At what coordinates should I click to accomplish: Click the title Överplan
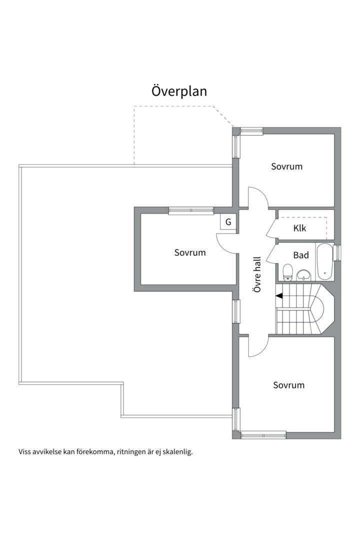point(179,91)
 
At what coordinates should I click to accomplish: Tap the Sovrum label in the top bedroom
point(286,166)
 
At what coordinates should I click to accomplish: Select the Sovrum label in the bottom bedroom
point(288,385)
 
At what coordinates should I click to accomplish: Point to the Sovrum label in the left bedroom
point(190,252)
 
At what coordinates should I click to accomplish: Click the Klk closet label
point(299,228)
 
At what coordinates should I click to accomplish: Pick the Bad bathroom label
point(300,255)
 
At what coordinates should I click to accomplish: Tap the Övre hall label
point(257,274)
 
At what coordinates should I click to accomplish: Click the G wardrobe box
point(228,222)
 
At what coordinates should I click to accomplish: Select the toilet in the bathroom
point(287,271)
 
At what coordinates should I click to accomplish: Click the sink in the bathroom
point(303,275)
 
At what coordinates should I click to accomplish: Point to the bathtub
point(325,262)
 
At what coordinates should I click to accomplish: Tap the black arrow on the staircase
point(278,295)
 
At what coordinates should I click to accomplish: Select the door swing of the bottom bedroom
point(258,346)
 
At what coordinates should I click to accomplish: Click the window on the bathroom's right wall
point(338,252)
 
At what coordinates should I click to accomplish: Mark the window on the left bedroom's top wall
point(191,210)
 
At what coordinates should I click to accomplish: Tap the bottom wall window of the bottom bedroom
point(263,435)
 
